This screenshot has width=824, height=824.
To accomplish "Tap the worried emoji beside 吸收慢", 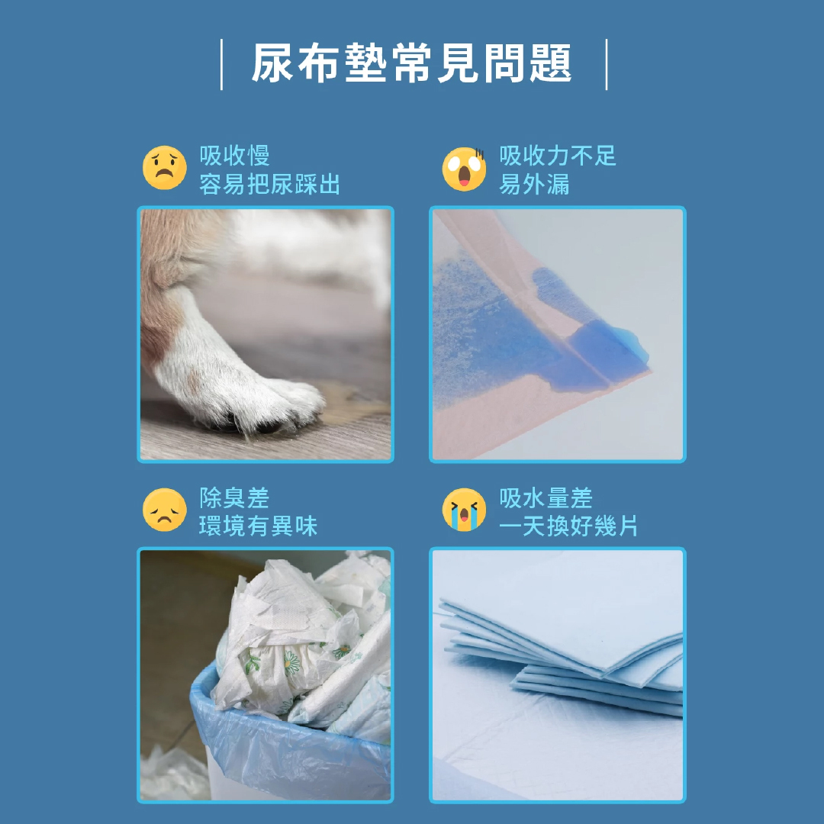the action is click(x=165, y=168).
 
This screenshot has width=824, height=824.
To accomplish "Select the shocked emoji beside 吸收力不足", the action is click(x=464, y=169).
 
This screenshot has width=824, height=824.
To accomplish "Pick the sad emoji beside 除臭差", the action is click(x=165, y=510).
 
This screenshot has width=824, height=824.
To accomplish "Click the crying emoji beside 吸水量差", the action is click(x=464, y=510).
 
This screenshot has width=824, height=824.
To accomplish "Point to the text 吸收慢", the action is click(x=234, y=156).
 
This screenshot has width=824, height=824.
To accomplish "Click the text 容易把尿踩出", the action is click(x=269, y=184).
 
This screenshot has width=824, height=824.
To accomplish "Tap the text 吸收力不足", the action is click(x=558, y=156).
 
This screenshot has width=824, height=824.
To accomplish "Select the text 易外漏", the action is click(x=534, y=184).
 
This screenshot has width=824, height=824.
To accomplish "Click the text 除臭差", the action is click(x=234, y=497).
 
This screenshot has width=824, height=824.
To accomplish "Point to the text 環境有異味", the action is click(x=258, y=526).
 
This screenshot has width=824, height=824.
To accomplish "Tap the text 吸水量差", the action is click(x=546, y=497).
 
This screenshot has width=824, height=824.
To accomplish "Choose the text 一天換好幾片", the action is click(x=568, y=526).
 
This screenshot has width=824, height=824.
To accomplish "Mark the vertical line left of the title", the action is click(x=222, y=64).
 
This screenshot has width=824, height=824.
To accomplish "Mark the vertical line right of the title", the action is click(x=607, y=64).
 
